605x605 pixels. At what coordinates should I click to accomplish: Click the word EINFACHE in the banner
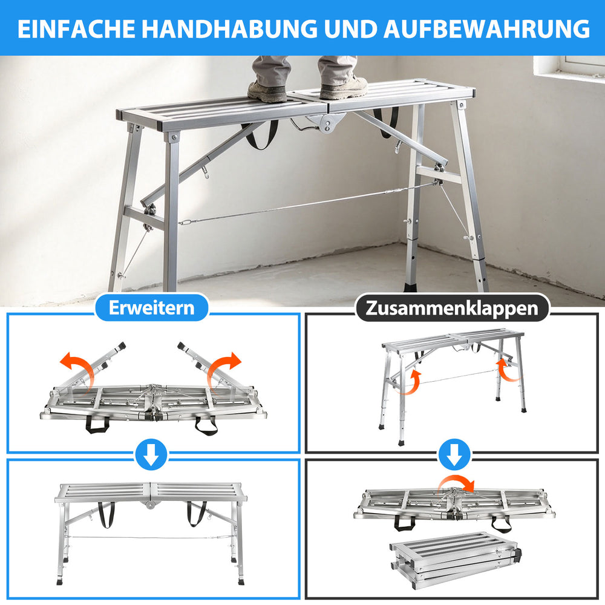click(x=76, y=29)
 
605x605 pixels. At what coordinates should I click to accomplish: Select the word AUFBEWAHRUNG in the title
click(x=486, y=29)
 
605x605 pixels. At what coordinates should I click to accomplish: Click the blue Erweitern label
click(x=152, y=307)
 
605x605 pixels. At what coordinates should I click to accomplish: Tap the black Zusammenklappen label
click(x=452, y=308)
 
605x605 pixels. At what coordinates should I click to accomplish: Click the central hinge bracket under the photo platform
click(x=325, y=123)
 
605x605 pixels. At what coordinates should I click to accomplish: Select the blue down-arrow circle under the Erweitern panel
click(x=151, y=454)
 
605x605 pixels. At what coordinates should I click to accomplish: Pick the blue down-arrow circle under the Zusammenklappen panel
click(x=454, y=454)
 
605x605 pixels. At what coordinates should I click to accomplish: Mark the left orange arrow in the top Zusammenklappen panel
click(x=411, y=382)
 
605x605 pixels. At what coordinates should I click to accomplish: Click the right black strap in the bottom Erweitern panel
click(x=197, y=514)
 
